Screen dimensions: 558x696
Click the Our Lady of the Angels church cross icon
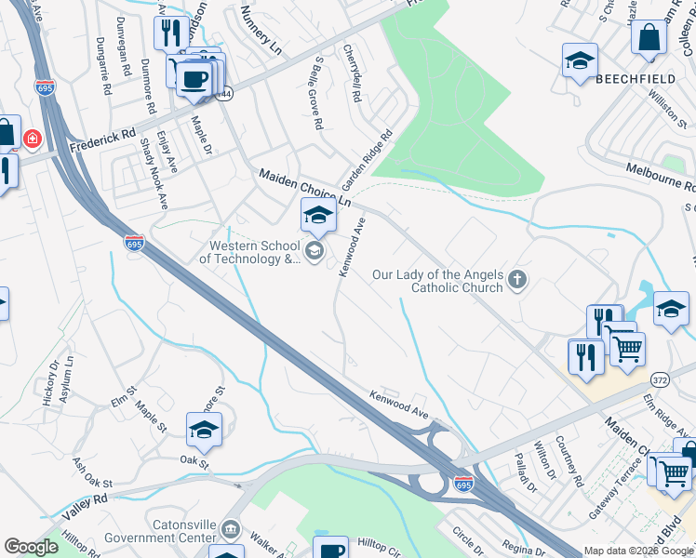point(517,278)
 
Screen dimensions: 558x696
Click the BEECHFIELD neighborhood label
point(636,79)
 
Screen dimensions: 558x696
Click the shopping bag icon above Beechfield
point(649,38)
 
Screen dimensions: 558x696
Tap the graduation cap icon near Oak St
point(205,429)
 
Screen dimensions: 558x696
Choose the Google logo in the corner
point(31,547)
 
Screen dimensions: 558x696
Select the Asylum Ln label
point(67,378)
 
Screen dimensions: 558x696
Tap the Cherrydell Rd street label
point(353,73)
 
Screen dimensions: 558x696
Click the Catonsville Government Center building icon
point(231,531)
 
